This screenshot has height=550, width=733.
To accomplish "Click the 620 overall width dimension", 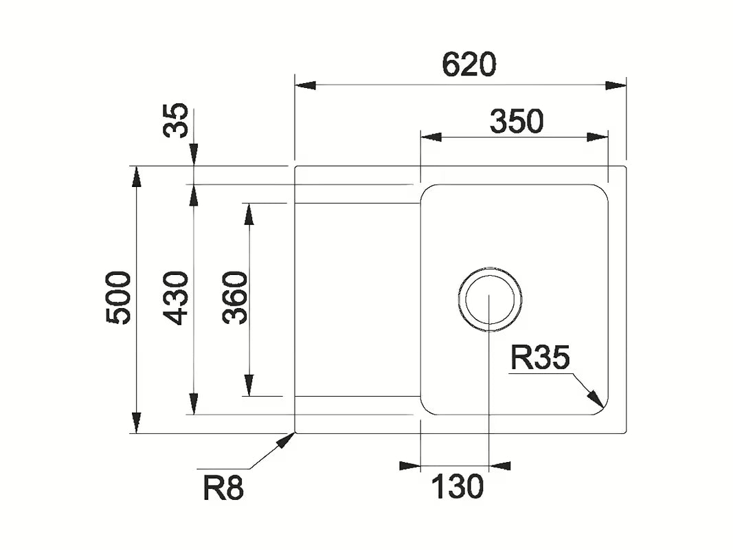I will click(x=469, y=65).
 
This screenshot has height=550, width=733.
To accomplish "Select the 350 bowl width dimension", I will click(x=516, y=121).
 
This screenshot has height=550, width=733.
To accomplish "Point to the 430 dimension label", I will click(x=176, y=298).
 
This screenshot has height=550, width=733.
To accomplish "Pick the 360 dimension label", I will click(x=235, y=298).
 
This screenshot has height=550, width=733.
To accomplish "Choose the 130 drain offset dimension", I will click(x=457, y=487).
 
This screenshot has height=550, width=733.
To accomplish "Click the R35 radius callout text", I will click(x=540, y=358).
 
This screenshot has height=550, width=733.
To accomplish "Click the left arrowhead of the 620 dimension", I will click(x=306, y=85).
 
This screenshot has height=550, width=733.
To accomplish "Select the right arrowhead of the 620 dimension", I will click(x=616, y=85).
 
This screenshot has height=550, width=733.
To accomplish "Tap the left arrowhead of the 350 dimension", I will click(x=431, y=137).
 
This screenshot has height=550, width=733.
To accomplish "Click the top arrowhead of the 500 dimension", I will click(x=137, y=177).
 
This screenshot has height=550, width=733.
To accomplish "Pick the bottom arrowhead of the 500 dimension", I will click(x=137, y=423).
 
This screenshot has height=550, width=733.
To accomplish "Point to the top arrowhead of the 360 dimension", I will click(x=249, y=214).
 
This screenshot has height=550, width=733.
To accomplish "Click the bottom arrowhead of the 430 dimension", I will click(x=194, y=404).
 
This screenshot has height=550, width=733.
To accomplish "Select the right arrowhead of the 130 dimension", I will click(x=499, y=465).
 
